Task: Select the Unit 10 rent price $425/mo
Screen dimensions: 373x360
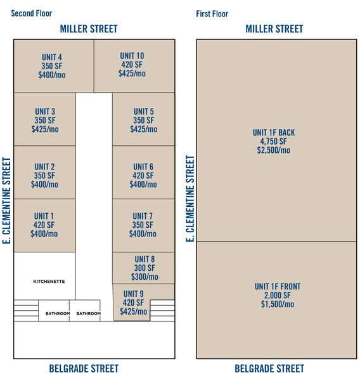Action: click(132, 74)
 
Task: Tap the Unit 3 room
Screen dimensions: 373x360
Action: click(44, 120)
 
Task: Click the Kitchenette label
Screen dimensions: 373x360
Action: click(49, 281)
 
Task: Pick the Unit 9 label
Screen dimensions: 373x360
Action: click(134, 294)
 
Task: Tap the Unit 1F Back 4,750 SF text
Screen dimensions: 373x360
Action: click(274, 141)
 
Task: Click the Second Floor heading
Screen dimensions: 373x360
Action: click(32, 13)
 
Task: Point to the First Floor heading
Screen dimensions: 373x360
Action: click(212, 13)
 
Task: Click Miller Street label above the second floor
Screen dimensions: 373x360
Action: click(89, 29)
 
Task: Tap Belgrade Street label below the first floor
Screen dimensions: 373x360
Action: click(269, 367)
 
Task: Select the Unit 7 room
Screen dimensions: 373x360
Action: click(143, 225)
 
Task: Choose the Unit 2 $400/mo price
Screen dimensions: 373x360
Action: click(44, 185)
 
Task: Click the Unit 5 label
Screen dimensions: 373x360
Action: click(143, 112)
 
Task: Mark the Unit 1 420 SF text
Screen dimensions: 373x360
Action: click(44, 225)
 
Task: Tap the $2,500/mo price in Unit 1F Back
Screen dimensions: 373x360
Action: click(274, 150)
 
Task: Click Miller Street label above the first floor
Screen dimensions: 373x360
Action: click(274, 29)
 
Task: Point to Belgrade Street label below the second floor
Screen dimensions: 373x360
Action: click(84, 367)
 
